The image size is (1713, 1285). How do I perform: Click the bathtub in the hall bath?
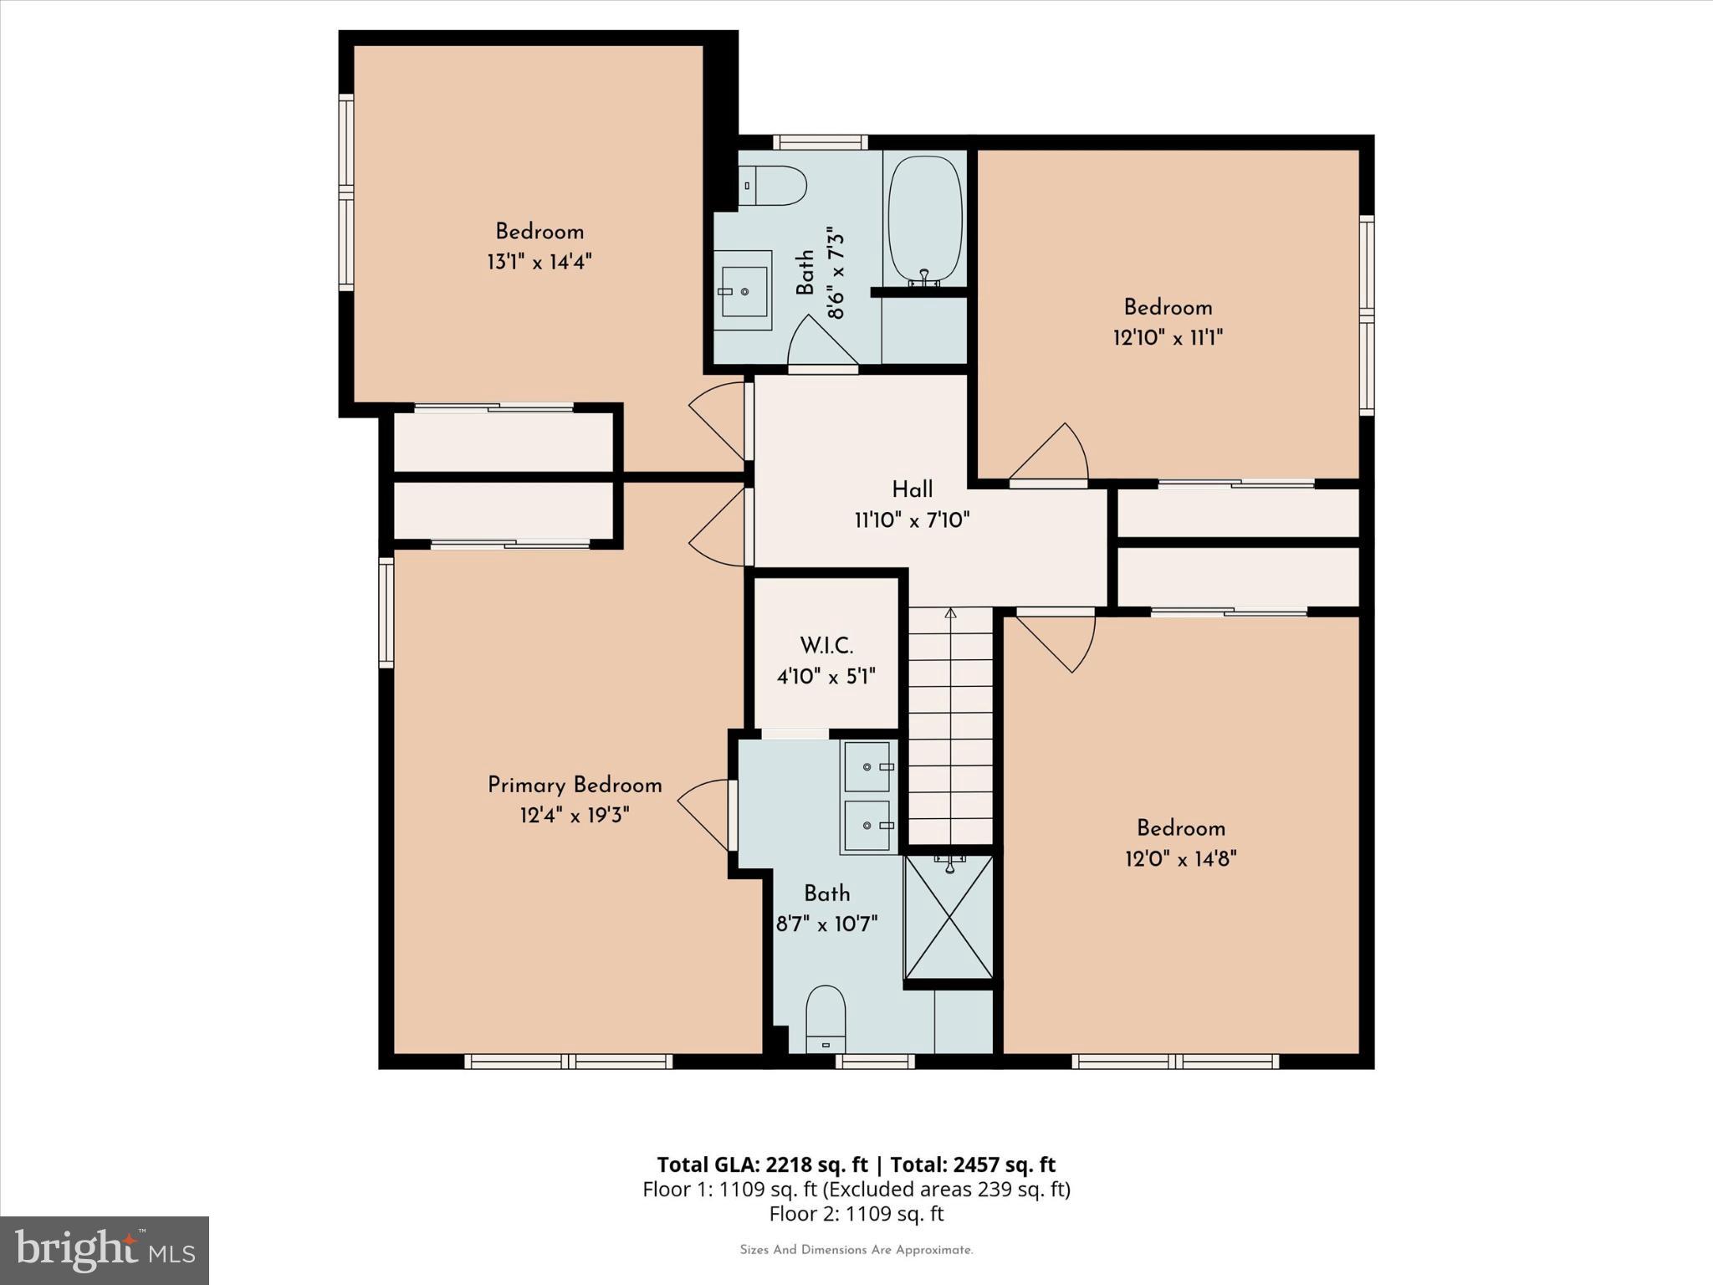click(924, 219)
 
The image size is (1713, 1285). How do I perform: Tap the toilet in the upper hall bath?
click(773, 186)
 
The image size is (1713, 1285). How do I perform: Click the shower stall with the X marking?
click(949, 917)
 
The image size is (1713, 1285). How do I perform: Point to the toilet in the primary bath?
click(826, 1019)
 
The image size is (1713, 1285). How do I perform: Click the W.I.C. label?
click(826, 646)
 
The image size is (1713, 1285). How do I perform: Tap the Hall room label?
click(912, 489)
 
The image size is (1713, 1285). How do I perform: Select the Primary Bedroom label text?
click(575, 786)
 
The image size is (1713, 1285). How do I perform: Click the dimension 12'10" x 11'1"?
click(1168, 338)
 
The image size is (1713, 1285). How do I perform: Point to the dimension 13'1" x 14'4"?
click(539, 263)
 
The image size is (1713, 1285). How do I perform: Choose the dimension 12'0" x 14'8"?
click(1180, 859)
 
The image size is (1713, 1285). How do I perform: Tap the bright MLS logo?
click(105, 1250)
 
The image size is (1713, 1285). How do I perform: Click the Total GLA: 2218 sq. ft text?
click(762, 1165)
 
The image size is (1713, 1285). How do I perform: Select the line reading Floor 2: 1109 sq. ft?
click(856, 1214)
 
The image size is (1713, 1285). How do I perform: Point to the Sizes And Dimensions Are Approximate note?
click(856, 1250)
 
